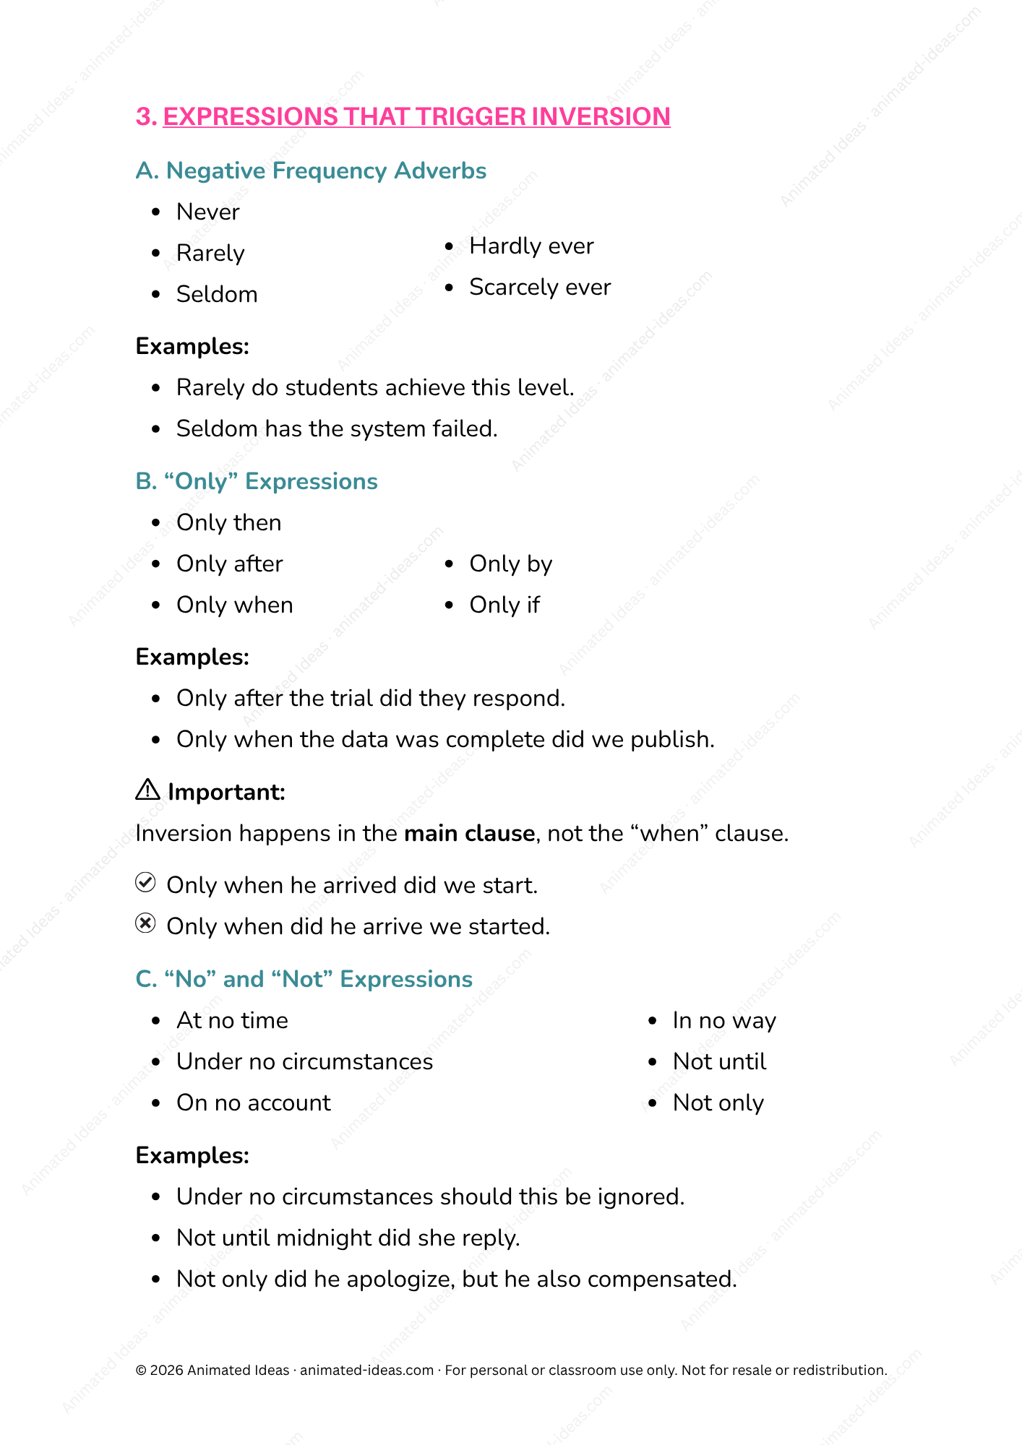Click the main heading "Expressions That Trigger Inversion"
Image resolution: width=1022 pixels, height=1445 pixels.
pos(416,116)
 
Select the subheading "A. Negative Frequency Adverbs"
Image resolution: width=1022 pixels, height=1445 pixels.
pos(311,171)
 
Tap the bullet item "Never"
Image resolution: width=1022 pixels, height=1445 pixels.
pos(207,212)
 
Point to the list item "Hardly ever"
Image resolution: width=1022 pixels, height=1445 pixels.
pos(531,246)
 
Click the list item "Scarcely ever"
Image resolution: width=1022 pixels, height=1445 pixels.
pos(540,287)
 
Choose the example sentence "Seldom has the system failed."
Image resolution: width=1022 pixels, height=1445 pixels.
pos(337,428)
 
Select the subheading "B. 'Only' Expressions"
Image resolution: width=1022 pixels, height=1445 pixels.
pos(257,481)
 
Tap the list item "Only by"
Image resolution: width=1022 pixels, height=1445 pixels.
pos(510,564)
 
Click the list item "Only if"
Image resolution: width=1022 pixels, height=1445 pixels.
pos(504,605)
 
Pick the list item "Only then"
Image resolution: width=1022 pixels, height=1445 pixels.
pos(228,522)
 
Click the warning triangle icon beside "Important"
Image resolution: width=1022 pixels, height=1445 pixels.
pos(147,790)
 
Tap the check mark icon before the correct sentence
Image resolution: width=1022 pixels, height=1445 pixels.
pos(146,883)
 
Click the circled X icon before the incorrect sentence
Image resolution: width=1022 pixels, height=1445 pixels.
pos(146,924)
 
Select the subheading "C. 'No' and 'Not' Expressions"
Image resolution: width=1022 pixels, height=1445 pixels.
pos(304,979)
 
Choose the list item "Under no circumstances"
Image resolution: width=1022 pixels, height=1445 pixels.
pos(304,1061)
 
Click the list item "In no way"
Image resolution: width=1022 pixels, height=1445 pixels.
pos(723,1020)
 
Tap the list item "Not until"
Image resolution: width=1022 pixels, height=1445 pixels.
pos(719,1061)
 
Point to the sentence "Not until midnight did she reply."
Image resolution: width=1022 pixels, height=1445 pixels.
pos(348,1238)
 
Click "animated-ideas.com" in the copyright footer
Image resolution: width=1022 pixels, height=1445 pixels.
pos(366,1370)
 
